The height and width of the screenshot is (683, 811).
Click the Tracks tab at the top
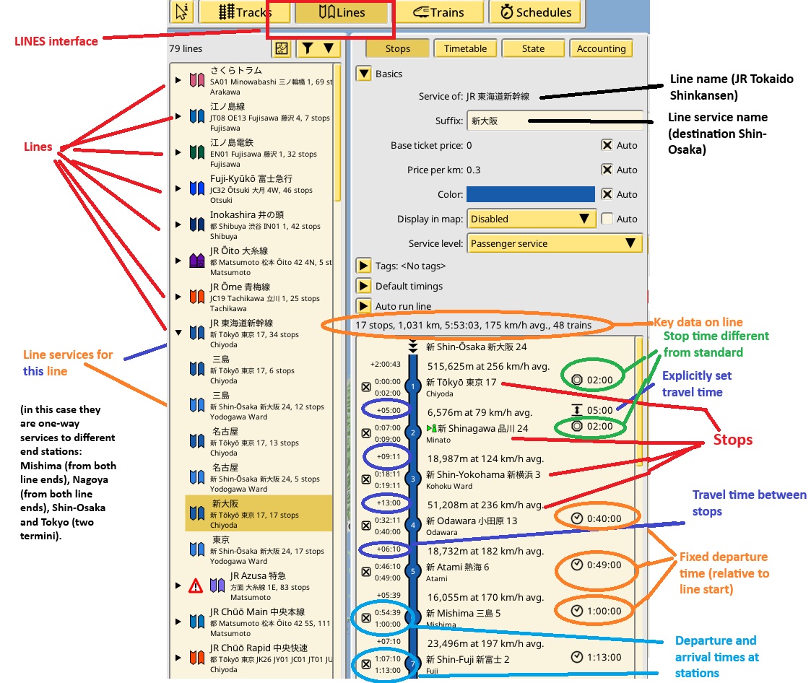[x=245, y=12]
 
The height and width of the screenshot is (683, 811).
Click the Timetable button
[x=465, y=48]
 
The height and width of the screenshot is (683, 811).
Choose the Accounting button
[x=601, y=48]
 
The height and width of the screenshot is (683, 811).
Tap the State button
[x=533, y=48]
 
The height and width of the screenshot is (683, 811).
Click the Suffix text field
[x=554, y=121]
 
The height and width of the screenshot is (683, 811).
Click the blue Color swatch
[x=530, y=194]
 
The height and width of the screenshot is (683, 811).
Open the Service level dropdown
[x=554, y=244]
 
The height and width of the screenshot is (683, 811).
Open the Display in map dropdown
[x=531, y=219]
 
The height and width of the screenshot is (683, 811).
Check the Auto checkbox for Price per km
[x=607, y=170]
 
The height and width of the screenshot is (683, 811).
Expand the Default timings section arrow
[x=364, y=286]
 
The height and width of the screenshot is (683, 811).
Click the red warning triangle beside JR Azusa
[x=195, y=586]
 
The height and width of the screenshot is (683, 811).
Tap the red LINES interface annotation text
[x=56, y=41]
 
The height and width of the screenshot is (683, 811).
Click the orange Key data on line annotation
[x=698, y=322]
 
